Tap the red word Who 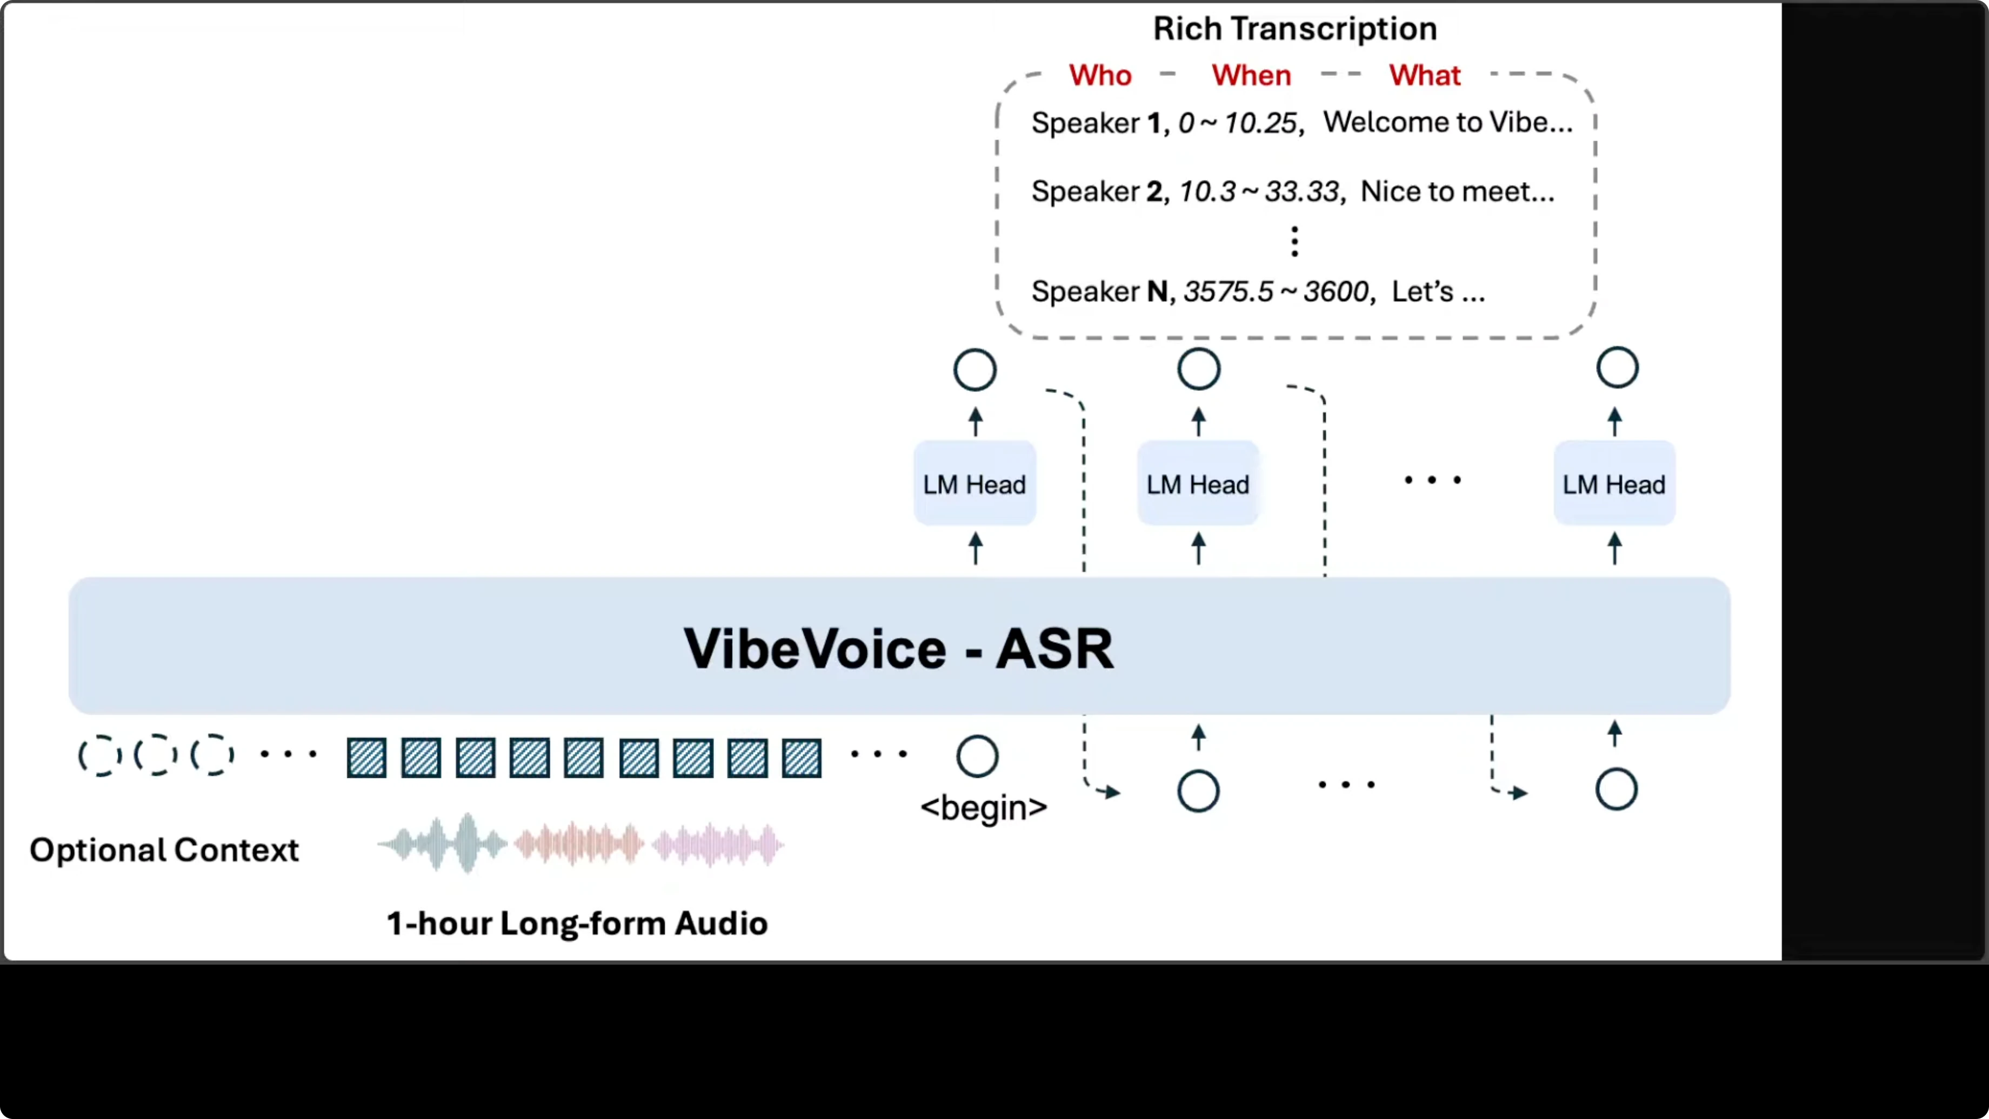point(1099,76)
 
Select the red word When point(1251,76)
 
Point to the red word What point(1425,76)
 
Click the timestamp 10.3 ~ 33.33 point(1259,191)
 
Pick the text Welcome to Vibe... point(1447,122)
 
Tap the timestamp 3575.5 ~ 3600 point(1276,292)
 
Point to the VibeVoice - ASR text point(899,648)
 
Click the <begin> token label point(984,808)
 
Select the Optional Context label point(164,850)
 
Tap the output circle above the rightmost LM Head point(1617,368)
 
